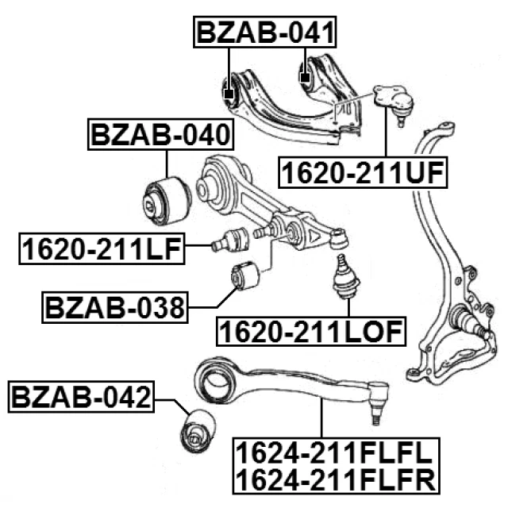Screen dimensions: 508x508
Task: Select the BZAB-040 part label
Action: pos(161,136)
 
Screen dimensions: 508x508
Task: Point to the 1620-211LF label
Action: pos(101,250)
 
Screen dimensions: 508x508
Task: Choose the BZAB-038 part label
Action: pos(114,306)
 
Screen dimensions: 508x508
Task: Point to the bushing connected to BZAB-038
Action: pos(244,276)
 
